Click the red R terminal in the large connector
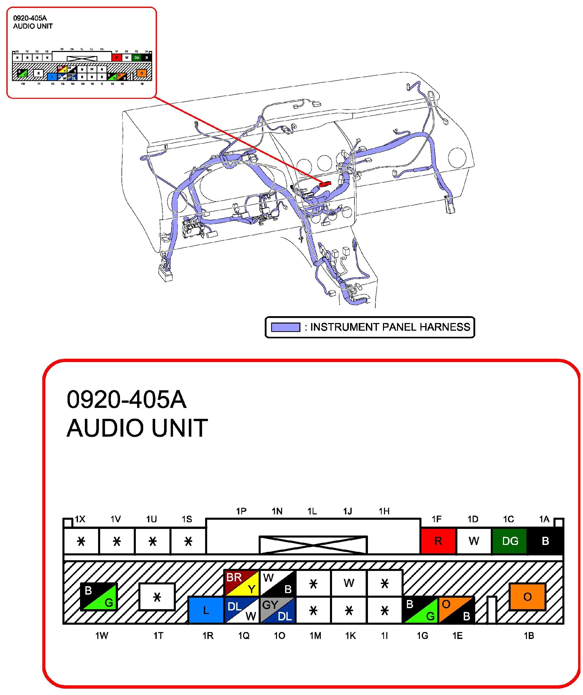click(x=438, y=541)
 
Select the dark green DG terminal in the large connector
click(x=510, y=541)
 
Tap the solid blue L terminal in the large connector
click(x=206, y=610)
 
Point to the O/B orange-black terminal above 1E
click(x=456, y=610)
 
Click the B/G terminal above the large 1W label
click(x=99, y=596)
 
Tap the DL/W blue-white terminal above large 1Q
click(x=242, y=610)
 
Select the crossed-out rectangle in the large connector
click(x=313, y=544)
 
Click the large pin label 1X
click(x=80, y=519)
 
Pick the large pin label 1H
click(x=384, y=511)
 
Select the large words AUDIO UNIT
click(x=137, y=428)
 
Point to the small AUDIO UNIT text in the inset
click(x=33, y=26)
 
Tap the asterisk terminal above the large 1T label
click(x=157, y=596)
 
